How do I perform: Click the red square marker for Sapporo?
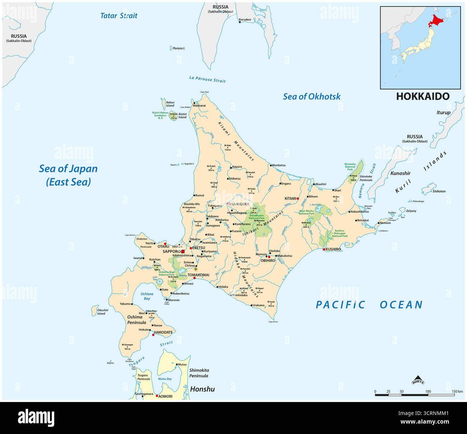182,251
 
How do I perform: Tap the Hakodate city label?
163,332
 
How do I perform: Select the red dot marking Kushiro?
324,249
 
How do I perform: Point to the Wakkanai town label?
199,106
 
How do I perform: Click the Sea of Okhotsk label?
311,96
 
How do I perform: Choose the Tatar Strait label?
119,15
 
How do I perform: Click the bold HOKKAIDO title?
422,96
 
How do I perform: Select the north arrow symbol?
417,379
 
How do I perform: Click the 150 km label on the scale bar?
457,391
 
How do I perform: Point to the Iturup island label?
443,112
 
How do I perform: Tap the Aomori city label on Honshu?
165,396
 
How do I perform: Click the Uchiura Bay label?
147,296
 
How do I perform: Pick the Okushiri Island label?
102,311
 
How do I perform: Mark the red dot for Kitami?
298,198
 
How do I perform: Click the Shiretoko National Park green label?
350,167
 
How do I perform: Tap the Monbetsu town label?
279,165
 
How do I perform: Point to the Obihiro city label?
268,260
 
